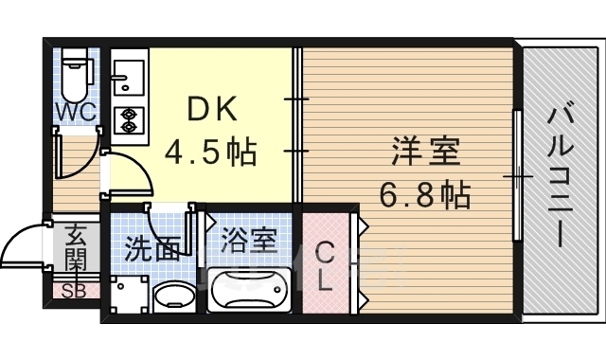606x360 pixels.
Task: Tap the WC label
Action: click(x=74, y=113)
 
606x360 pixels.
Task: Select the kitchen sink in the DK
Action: click(x=128, y=74)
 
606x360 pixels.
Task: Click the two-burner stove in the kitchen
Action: click(x=128, y=119)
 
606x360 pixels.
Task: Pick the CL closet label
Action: click(x=325, y=267)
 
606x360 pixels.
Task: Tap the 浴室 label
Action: click(x=249, y=240)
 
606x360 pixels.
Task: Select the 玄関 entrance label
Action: click(x=75, y=247)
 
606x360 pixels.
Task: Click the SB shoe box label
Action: click(x=74, y=291)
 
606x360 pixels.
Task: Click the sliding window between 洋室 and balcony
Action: click(x=517, y=176)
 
